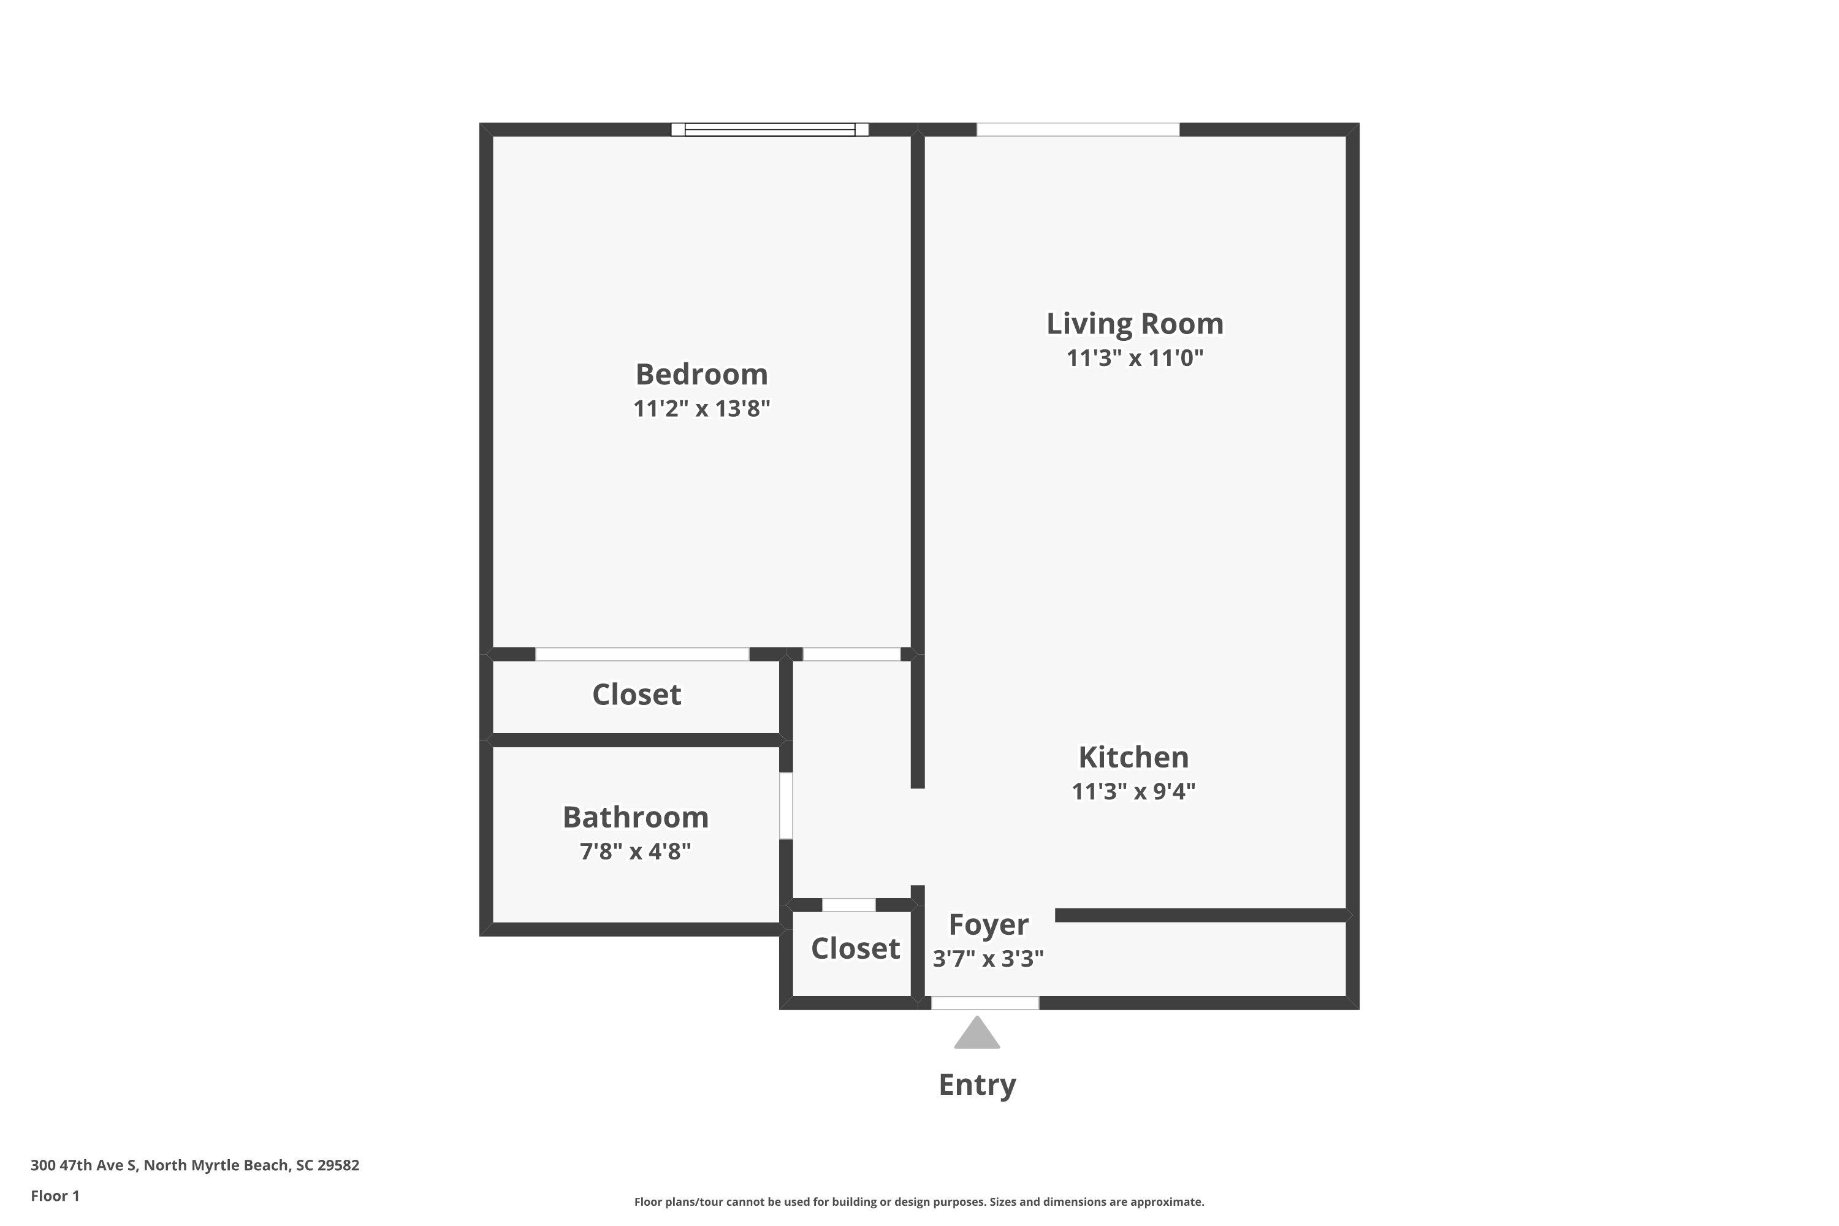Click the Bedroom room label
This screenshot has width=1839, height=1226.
coord(701,375)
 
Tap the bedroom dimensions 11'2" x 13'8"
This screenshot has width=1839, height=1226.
coord(701,409)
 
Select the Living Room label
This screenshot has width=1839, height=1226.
coord(1135,324)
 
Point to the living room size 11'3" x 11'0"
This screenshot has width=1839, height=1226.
coord(1135,358)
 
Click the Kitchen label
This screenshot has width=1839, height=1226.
coord(1133,757)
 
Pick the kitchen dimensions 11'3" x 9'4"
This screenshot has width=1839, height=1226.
coord(1133,791)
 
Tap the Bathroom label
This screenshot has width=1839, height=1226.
coord(635,817)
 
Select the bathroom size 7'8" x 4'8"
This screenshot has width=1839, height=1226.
coord(635,851)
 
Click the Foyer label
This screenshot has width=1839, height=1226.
coord(988,924)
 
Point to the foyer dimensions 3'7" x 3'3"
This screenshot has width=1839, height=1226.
coord(988,959)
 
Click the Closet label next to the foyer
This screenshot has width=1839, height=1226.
coord(855,948)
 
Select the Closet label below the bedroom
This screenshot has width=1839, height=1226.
coord(636,695)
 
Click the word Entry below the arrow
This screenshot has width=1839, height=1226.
coord(977,1084)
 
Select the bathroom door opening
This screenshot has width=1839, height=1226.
coord(786,805)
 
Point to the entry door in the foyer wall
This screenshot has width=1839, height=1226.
coord(984,1003)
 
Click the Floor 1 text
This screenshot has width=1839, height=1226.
coord(55,1195)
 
